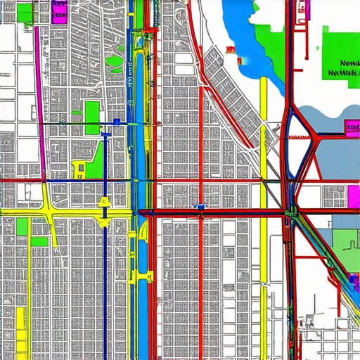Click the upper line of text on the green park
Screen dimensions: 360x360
pyautogui.click(x=343, y=62)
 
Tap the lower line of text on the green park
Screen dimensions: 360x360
pyautogui.click(x=343, y=72)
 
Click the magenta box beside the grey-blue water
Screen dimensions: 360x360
pyautogui.click(x=352, y=127)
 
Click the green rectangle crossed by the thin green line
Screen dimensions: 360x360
pyautogui.click(x=92, y=114)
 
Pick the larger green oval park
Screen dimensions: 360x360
pyautogui.click(x=115, y=62)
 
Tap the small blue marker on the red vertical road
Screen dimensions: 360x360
pyautogui.click(x=201, y=207)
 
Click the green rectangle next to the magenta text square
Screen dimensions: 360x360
pyautogui.click(x=25, y=13)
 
